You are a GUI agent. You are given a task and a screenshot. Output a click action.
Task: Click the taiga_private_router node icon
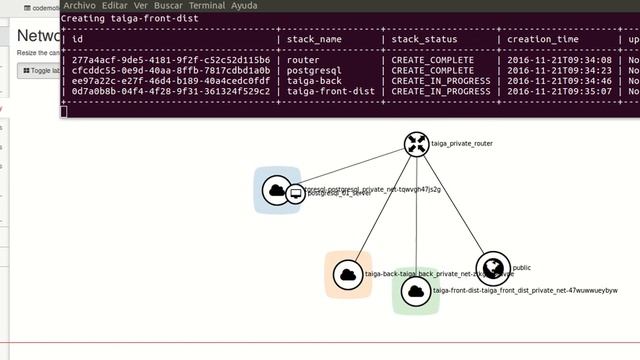(x=416, y=144)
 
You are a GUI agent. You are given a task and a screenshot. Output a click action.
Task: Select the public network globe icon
(x=493, y=267)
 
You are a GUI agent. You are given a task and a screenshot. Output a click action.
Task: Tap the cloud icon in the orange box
(x=347, y=274)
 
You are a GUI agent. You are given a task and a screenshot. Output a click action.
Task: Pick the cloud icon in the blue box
(x=276, y=190)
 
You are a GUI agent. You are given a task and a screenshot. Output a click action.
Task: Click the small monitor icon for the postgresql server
(x=295, y=193)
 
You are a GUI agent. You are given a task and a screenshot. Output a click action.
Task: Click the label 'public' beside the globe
(x=522, y=268)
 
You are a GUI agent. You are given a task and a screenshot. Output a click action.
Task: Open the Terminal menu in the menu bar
(x=207, y=6)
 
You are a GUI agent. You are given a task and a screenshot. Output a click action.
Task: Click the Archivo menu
(x=79, y=6)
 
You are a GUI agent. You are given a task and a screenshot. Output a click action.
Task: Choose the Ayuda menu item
(x=244, y=6)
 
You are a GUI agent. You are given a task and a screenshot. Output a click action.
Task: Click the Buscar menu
(x=168, y=6)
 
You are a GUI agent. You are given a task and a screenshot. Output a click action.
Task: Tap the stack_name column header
(x=314, y=39)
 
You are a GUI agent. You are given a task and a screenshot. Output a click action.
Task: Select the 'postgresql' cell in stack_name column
(x=314, y=71)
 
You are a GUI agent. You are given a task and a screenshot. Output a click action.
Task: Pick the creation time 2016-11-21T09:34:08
(x=557, y=60)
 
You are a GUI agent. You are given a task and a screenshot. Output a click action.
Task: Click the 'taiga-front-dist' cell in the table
(x=331, y=91)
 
